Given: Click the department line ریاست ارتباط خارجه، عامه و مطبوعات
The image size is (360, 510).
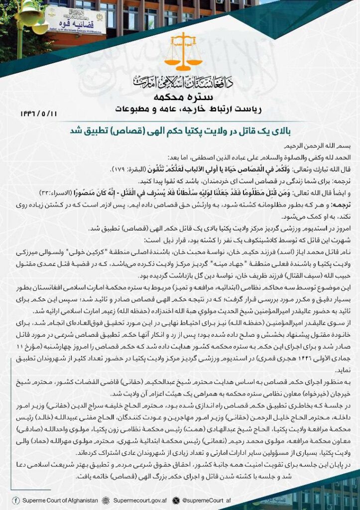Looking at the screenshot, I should (x=180, y=108).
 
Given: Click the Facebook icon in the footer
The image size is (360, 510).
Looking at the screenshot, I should (x=16, y=500).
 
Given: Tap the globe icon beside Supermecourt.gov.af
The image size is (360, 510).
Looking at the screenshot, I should (x=106, y=500).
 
